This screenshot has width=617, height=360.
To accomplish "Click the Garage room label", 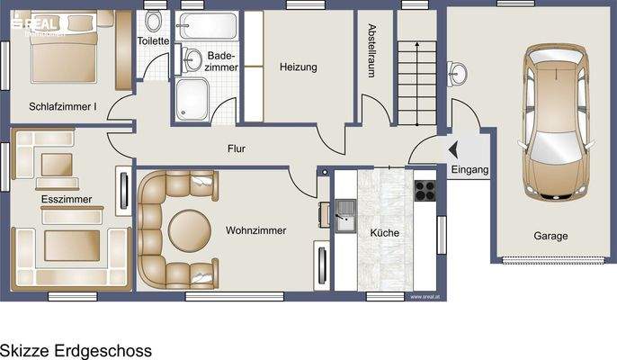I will [x=550, y=237].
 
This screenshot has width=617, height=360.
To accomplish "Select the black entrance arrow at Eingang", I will [x=452, y=150].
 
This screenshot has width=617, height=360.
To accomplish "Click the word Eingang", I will [x=469, y=169].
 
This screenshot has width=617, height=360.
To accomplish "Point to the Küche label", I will [x=384, y=233].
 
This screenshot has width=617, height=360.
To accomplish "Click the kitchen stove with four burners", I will [x=425, y=191].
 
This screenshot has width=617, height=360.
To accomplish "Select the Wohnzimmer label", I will [x=255, y=230].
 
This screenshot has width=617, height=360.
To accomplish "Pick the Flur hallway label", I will [x=237, y=149].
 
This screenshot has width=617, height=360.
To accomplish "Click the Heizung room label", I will [x=299, y=67].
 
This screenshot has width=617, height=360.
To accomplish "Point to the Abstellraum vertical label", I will [x=371, y=51].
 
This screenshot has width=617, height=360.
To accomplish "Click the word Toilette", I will [x=153, y=41].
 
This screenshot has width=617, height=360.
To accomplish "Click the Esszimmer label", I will [x=66, y=198].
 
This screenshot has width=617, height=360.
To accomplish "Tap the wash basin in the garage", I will [x=461, y=71].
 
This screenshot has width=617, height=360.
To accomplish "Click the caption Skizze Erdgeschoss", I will [x=76, y=349].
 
